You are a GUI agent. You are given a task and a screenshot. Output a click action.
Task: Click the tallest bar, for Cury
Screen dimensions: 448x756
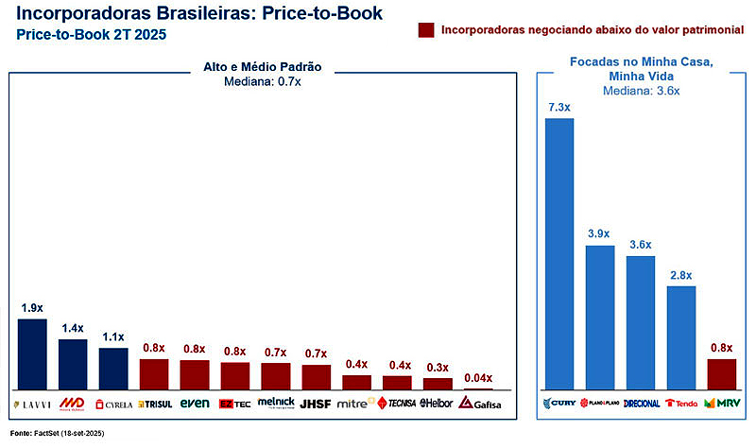(559, 253)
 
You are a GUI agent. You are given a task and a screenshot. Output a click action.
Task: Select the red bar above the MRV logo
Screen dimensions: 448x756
(721, 373)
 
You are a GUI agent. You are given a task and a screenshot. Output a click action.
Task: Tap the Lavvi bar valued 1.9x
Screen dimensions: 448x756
(32, 353)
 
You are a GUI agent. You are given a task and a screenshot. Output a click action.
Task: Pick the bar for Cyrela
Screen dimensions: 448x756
(113, 368)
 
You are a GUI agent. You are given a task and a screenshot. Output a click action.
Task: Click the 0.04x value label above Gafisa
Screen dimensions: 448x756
(477, 376)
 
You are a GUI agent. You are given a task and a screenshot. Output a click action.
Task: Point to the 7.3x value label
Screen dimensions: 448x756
(559, 108)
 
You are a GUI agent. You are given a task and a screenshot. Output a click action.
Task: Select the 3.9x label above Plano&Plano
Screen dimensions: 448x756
(599, 233)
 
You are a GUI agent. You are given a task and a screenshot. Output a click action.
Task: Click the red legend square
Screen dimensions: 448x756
(425, 30)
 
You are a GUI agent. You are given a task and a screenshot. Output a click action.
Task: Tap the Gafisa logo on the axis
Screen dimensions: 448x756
(479, 404)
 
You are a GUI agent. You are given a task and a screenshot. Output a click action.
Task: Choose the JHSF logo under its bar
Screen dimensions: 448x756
(316, 404)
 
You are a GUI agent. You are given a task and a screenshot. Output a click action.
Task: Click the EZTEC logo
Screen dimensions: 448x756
(234, 404)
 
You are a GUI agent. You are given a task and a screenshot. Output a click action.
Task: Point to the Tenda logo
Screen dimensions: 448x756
(680, 404)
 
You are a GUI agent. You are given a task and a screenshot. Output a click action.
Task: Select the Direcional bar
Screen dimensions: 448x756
(640, 321)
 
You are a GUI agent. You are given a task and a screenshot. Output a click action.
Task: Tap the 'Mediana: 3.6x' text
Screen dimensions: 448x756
(641, 92)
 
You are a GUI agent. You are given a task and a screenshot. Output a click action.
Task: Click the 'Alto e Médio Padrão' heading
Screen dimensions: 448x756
(262, 67)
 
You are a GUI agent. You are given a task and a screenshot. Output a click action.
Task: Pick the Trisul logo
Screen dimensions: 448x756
(154, 404)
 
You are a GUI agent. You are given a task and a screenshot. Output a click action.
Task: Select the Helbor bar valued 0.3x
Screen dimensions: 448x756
(438, 383)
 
